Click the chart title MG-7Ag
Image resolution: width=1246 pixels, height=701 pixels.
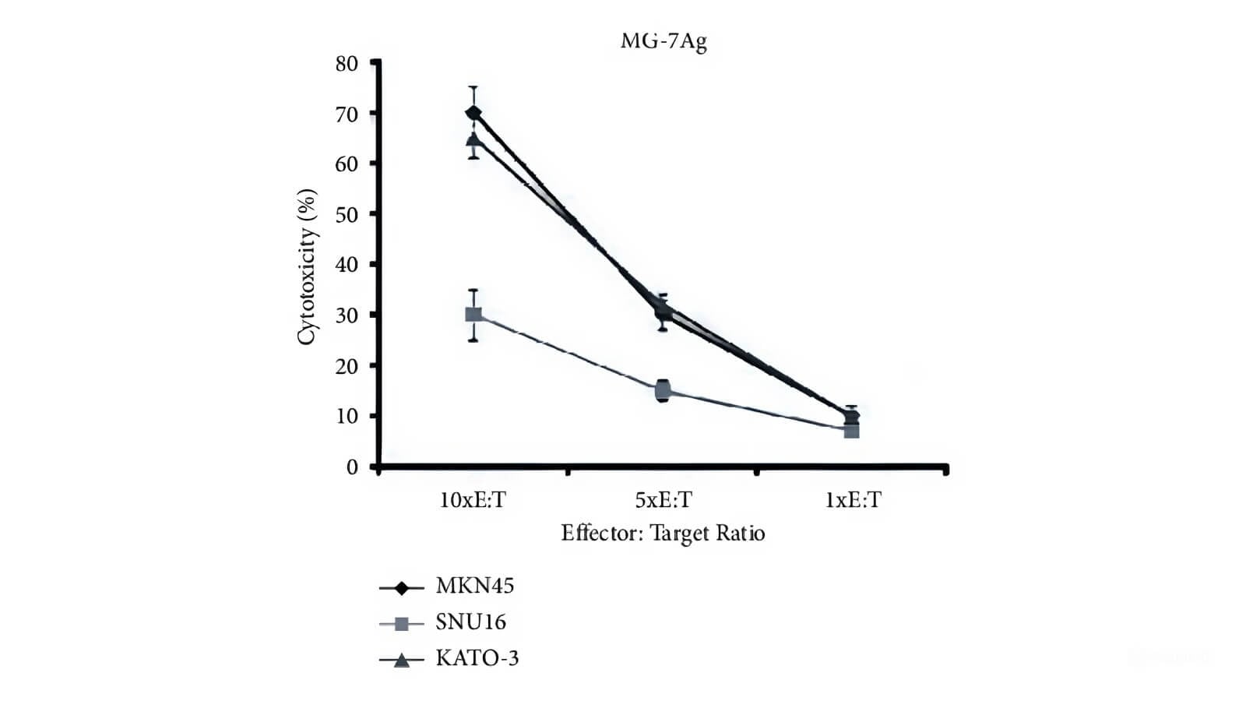coord(663,41)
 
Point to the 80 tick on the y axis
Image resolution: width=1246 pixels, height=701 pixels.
coord(347,64)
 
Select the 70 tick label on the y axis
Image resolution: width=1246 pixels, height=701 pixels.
coord(347,114)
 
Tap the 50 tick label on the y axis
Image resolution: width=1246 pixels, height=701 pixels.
coord(347,215)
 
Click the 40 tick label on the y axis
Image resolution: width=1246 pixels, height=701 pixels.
coord(347,266)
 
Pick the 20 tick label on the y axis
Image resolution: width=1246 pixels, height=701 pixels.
coord(347,366)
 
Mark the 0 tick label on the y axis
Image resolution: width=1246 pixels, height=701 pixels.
coord(352,467)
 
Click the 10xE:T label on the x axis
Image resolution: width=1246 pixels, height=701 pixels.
coord(473,500)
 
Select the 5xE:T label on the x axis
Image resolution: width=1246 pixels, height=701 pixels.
coord(663,500)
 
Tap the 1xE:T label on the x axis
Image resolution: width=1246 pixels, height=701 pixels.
coord(853,500)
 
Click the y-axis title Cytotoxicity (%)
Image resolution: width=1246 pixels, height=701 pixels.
coord(308,266)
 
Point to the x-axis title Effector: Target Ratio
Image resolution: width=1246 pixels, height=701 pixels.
coord(663,534)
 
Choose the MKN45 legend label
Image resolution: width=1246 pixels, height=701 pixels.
coord(475,586)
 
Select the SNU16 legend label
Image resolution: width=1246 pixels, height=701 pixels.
coord(471,622)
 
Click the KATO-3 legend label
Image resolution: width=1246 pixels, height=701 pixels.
coord(477,659)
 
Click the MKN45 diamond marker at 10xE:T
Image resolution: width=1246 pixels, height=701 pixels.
coord(473,113)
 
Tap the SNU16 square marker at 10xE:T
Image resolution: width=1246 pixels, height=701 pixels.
coord(473,315)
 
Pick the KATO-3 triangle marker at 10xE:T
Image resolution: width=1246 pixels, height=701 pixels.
coord(473,139)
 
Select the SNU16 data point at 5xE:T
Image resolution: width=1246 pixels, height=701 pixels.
coord(663,389)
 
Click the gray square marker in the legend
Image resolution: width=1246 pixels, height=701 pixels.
coord(402,623)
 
